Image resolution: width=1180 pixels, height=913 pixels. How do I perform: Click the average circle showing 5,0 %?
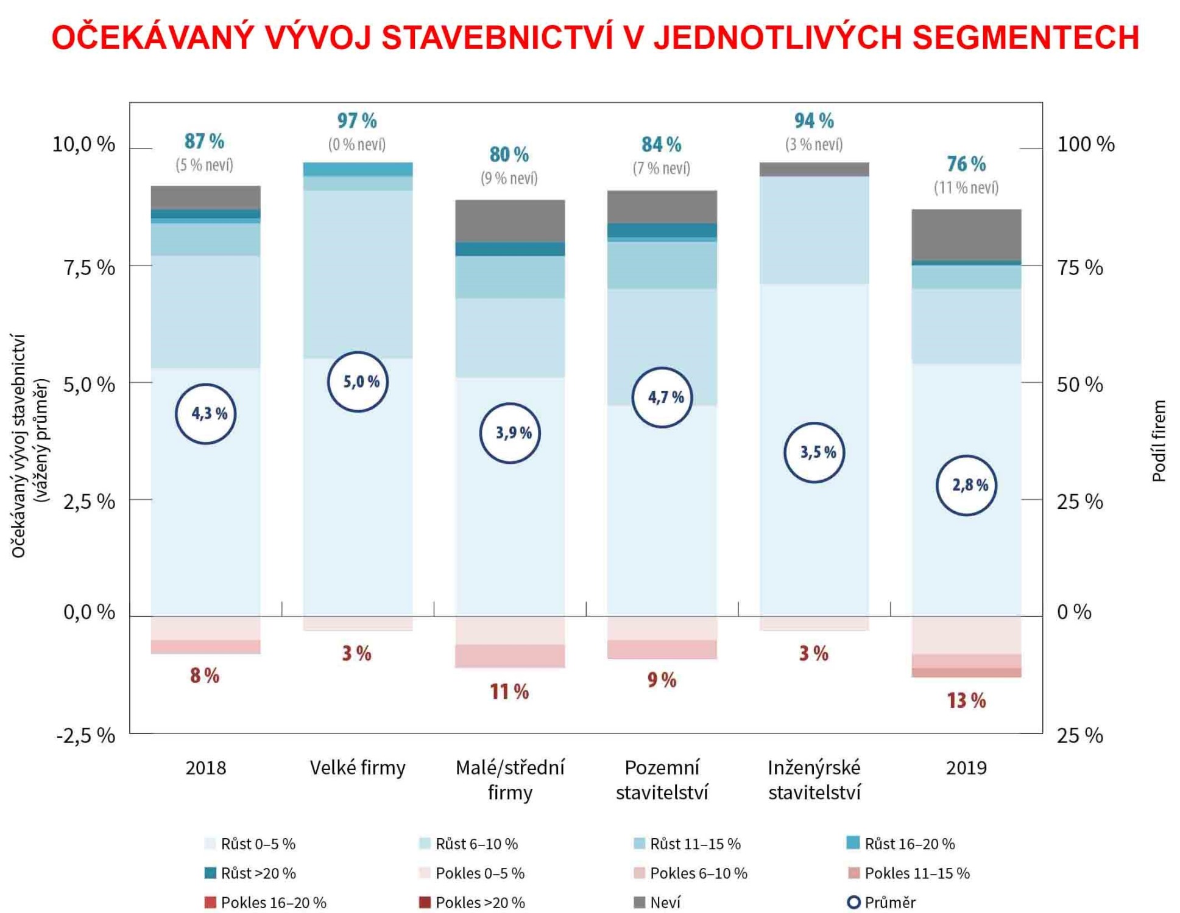358,382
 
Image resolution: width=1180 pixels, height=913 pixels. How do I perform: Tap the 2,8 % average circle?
966,485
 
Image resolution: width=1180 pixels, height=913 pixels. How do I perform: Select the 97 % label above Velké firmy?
357,121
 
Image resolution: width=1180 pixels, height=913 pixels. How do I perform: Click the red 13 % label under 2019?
966,701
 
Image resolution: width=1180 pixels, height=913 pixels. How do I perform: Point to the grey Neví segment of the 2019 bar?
966,235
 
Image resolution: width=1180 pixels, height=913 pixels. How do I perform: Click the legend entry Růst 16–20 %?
901,844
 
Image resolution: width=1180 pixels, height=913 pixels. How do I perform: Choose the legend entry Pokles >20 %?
472,902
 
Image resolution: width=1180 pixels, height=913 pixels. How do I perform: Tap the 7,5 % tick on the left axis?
89,267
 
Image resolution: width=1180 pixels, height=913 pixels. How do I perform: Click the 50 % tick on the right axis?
1079,384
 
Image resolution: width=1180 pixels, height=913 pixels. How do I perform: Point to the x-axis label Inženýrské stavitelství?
814,780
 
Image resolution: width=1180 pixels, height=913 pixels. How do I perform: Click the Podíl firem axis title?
1159,441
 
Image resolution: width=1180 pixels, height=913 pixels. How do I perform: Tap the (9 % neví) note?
509,178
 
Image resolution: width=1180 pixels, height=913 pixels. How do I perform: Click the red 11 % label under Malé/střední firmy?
509,691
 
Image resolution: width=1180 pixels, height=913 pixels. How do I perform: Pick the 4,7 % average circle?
662,397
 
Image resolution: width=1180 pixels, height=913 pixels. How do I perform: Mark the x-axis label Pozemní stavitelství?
662,780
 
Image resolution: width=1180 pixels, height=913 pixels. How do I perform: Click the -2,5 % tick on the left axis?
86,735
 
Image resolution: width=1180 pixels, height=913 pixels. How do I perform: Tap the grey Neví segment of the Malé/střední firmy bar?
510,220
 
